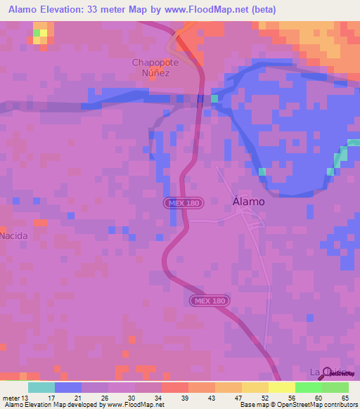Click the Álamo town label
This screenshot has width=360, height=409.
pos(248,201)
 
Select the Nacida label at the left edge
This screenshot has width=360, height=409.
pos(14,235)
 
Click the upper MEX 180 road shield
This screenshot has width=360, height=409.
pos(184,202)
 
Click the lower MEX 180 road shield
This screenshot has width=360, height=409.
pos(210,300)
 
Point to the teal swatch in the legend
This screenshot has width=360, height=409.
pos(41,387)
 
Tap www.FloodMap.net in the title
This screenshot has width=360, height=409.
pos(216,10)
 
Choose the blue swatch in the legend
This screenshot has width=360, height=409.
pos(67,387)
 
